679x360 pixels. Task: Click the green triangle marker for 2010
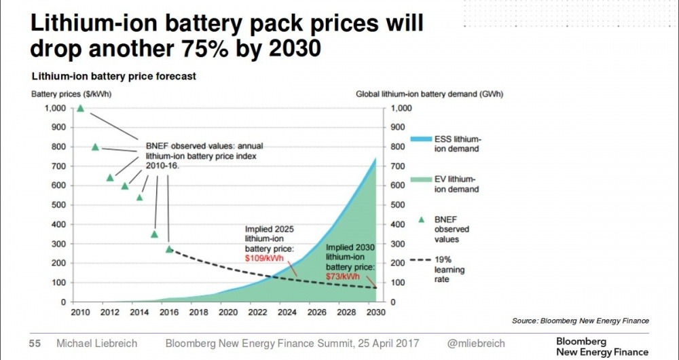pyautogui.click(x=81, y=108)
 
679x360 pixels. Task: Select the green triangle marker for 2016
pyautogui.click(x=169, y=249)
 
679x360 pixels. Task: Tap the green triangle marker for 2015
pyautogui.click(x=154, y=234)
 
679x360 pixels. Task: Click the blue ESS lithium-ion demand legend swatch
pyautogui.click(x=421, y=139)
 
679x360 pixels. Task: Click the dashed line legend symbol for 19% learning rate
pyautogui.click(x=421, y=259)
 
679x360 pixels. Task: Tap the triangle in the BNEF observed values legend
pyautogui.click(x=421, y=220)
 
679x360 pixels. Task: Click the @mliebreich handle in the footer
pyautogui.click(x=478, y=343)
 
